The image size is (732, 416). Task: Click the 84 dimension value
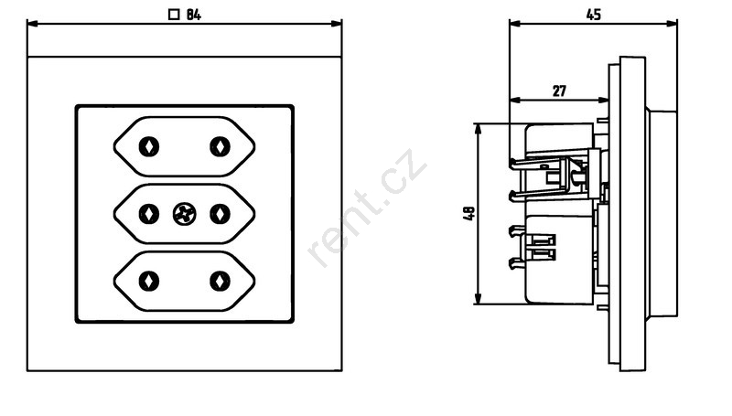(x=194, y=15)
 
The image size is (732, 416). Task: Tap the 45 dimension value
(x=593, y=15)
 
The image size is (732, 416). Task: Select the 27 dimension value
(x=559, y=91)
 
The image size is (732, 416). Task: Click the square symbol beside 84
(x=174, y=15)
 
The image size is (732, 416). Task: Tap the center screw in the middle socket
(x=184, y=215)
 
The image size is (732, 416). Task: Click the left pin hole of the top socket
(x=149, y=147)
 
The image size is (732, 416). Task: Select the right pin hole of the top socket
(x=220, y=147)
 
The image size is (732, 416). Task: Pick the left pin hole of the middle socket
(x=149, y=215)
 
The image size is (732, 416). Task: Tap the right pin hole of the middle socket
(x=220, y=215)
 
